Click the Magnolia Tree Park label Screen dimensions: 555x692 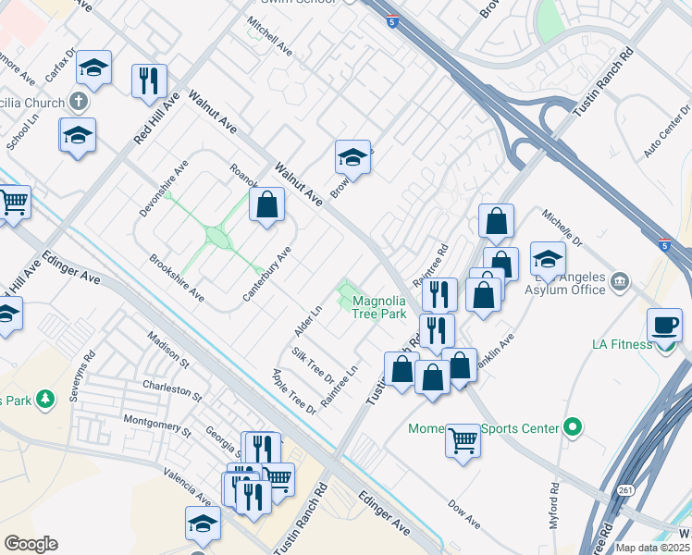coord(379,307)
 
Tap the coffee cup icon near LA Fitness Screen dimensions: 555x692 coord(665,327)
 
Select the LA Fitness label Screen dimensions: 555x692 coord(622,345)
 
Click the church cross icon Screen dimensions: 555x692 coord(80,102)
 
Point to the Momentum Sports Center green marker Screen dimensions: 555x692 coord(574,427)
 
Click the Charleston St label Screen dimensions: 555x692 coord(172,388)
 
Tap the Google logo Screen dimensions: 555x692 coord(31,544)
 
